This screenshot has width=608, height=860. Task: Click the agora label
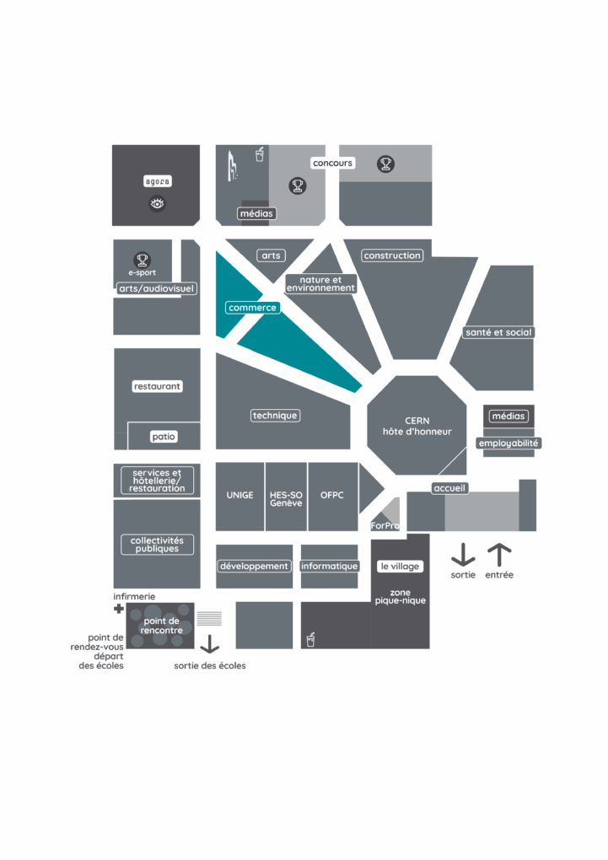pyautogui.click(x=158, y=181)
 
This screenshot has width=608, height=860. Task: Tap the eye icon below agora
pyautogui.click(x=158, y=204)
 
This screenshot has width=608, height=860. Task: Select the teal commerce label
pyautogui.click(x=252, y=308)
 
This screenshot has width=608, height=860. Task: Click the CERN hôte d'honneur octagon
pyautogui.click(x=417, y=425)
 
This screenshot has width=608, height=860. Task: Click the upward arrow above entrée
pyautogui.click(x=499, y=555)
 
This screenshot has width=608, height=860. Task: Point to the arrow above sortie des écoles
pyautogui.click(x=210, y=644)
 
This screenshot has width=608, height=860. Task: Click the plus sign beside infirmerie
pyautogui.click(x=119, y=608)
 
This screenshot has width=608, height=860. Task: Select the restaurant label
pyautogui.click(x=157, y=386)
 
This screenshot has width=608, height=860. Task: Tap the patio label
pyautogui.click(x=164, y=437)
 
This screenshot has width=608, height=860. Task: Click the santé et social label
pyautogui.click(x=498, y=332)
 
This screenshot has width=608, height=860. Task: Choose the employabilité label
pyautogui.click(x=508, y=443)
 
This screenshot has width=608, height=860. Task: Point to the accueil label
pyautogui.click(x=449, y=488)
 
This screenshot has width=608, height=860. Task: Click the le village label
pyautogui.click(x=400, y=566)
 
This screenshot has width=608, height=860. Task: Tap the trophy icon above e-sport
pyautogui.click(x=143, y=260)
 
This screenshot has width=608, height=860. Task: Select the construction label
pyautogui.click(x=392, y=255)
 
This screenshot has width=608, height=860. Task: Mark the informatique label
pyautogui.click(x=329, y=566)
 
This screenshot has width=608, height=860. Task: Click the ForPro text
pyautogui.click(x=385, y=526)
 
